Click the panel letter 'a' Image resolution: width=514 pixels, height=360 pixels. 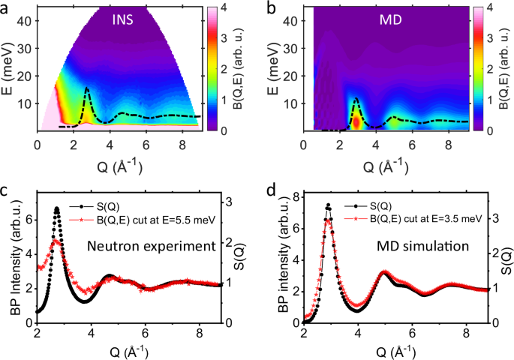8,9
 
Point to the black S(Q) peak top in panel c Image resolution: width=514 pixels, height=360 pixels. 56,208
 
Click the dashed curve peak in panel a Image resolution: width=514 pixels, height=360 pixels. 87,88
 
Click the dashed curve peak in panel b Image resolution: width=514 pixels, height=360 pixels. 356,99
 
